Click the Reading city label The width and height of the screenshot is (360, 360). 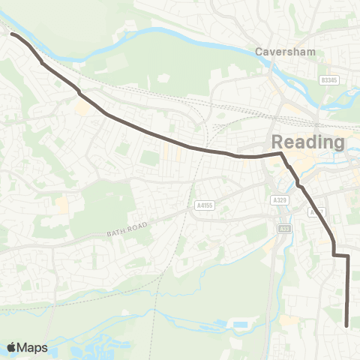307,142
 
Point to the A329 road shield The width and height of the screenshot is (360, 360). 280,199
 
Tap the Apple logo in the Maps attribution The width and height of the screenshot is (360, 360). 12,347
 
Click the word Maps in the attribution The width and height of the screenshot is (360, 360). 33,347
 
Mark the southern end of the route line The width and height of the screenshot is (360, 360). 346,325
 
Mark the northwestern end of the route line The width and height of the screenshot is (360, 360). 12,34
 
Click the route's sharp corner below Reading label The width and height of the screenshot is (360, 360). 281,154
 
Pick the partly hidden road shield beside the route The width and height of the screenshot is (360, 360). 315,212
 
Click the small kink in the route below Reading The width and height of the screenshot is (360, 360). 298,183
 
